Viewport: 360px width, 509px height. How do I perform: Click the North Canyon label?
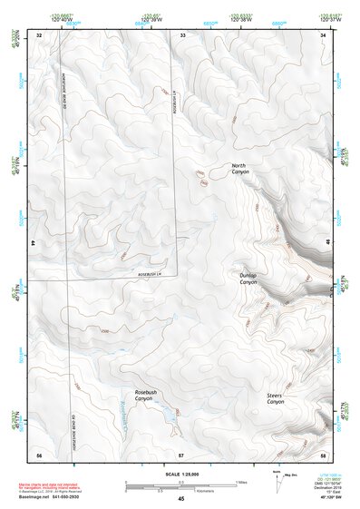239,168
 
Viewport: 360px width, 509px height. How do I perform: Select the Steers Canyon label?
275,399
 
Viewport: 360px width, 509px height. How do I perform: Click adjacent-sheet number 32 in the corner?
39,34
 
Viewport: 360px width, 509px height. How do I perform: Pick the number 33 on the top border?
181,34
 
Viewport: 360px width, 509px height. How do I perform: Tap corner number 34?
323,34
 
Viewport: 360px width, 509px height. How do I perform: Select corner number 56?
39,453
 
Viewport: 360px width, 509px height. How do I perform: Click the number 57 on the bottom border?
181,453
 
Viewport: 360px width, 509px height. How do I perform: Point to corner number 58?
323,453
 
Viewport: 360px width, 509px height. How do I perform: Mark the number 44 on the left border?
33,244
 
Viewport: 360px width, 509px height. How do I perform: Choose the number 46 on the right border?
328,244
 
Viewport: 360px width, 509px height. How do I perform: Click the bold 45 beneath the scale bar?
181,499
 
